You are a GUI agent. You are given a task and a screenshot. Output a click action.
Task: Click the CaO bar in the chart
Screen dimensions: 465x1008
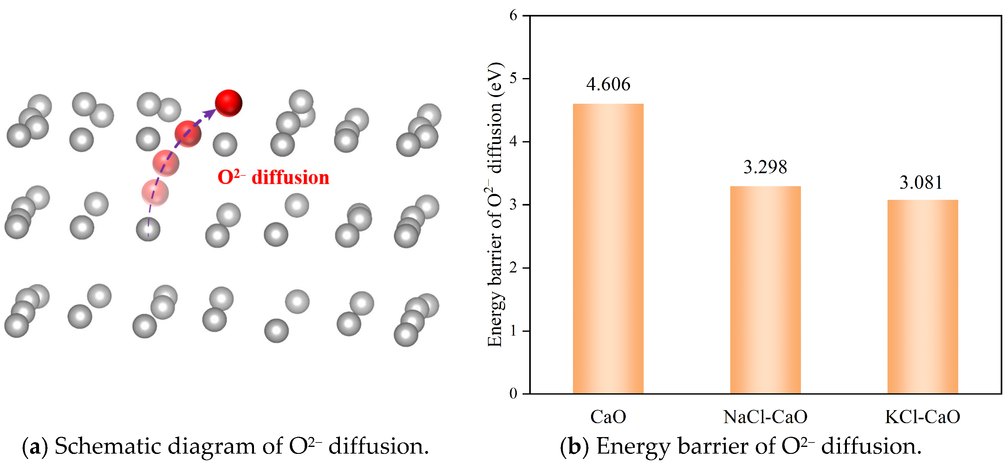[608, 249]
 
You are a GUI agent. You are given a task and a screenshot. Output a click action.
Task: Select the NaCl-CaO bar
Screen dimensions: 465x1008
[765, 290]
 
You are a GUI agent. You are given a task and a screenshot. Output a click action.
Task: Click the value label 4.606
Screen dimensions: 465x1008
[608, 84]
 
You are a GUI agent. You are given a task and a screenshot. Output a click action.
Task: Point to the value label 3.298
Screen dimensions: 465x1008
[765, 167]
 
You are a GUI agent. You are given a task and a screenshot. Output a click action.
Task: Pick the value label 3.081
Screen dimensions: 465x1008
[921, 182]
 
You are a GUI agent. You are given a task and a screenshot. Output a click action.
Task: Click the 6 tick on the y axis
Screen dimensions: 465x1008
[513, 16]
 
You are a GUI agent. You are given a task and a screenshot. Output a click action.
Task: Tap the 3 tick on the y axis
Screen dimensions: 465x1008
[513, 205]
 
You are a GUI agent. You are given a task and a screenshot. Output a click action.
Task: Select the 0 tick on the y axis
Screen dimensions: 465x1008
[513, 393]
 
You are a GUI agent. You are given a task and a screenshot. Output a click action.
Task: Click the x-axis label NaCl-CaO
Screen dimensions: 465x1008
[765, 417]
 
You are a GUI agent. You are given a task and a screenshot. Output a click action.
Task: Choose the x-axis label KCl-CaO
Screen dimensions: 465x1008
[922, 417]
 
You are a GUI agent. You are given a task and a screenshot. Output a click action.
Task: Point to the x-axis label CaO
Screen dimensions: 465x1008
[608, 417]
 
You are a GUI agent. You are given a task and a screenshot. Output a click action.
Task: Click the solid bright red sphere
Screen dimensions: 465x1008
[229, 103]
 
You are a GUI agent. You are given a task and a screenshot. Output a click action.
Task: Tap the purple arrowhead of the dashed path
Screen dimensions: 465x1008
[210, 114]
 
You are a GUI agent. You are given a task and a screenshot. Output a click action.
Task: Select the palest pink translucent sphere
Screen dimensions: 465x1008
[155, 193]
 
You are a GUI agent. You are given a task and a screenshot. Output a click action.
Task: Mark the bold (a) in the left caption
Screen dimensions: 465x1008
[35, 447]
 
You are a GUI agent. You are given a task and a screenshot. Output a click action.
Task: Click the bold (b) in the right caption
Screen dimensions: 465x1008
[574, 447]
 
